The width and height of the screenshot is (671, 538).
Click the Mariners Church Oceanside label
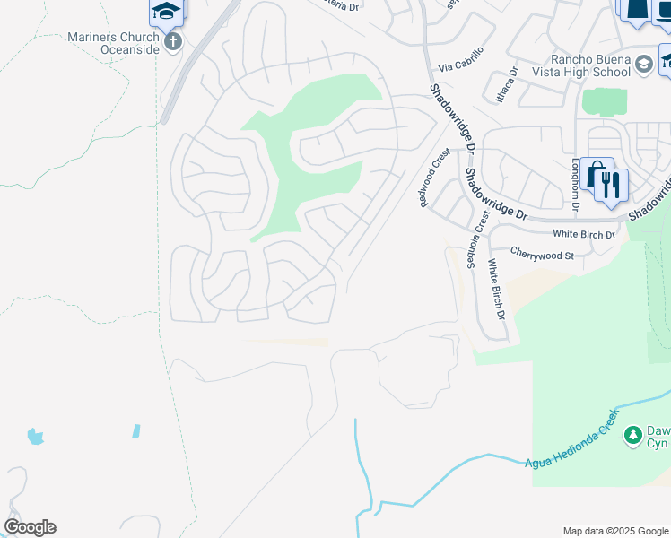tap(113, 43)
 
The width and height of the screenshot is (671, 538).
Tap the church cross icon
tap(173, 41)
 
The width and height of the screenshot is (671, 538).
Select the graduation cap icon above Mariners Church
tap(165, 11)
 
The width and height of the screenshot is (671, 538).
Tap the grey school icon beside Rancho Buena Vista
tap(643, 64)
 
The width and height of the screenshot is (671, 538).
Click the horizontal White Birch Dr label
tap(584, 234)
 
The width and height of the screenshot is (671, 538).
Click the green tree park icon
tap(633, 435)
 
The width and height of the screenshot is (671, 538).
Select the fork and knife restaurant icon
tap(612, 185)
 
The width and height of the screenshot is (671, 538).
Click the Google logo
tap(30, 527)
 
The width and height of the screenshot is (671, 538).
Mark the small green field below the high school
tap(605, 101)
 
